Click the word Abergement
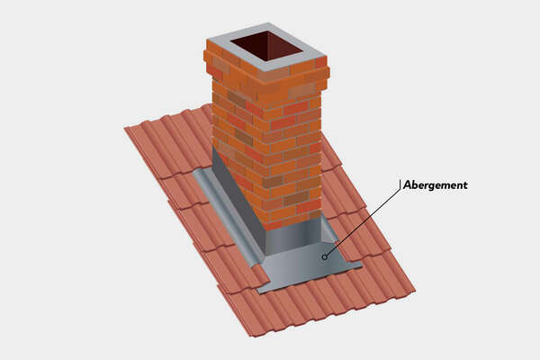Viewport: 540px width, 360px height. (x=435, y=184)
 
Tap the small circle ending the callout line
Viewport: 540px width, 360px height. (x=324, y=256)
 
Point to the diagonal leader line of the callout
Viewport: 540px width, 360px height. (x=360, y=221)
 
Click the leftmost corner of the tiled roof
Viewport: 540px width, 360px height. (x=125, y=131)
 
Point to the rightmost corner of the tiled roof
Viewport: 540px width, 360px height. (x=415, y=291)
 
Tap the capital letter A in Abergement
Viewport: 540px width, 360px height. (x=407, y=184)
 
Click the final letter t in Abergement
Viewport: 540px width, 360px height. (x=464, y=184)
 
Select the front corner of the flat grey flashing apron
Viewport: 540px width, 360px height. (x=260, y=290)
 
